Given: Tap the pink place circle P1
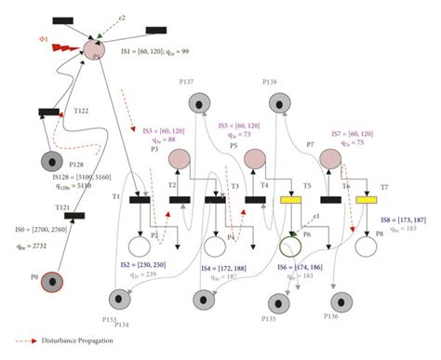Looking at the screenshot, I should pos(94,48).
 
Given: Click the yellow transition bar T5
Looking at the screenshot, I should pos(292,200).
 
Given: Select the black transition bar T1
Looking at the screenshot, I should pos(140,200).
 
